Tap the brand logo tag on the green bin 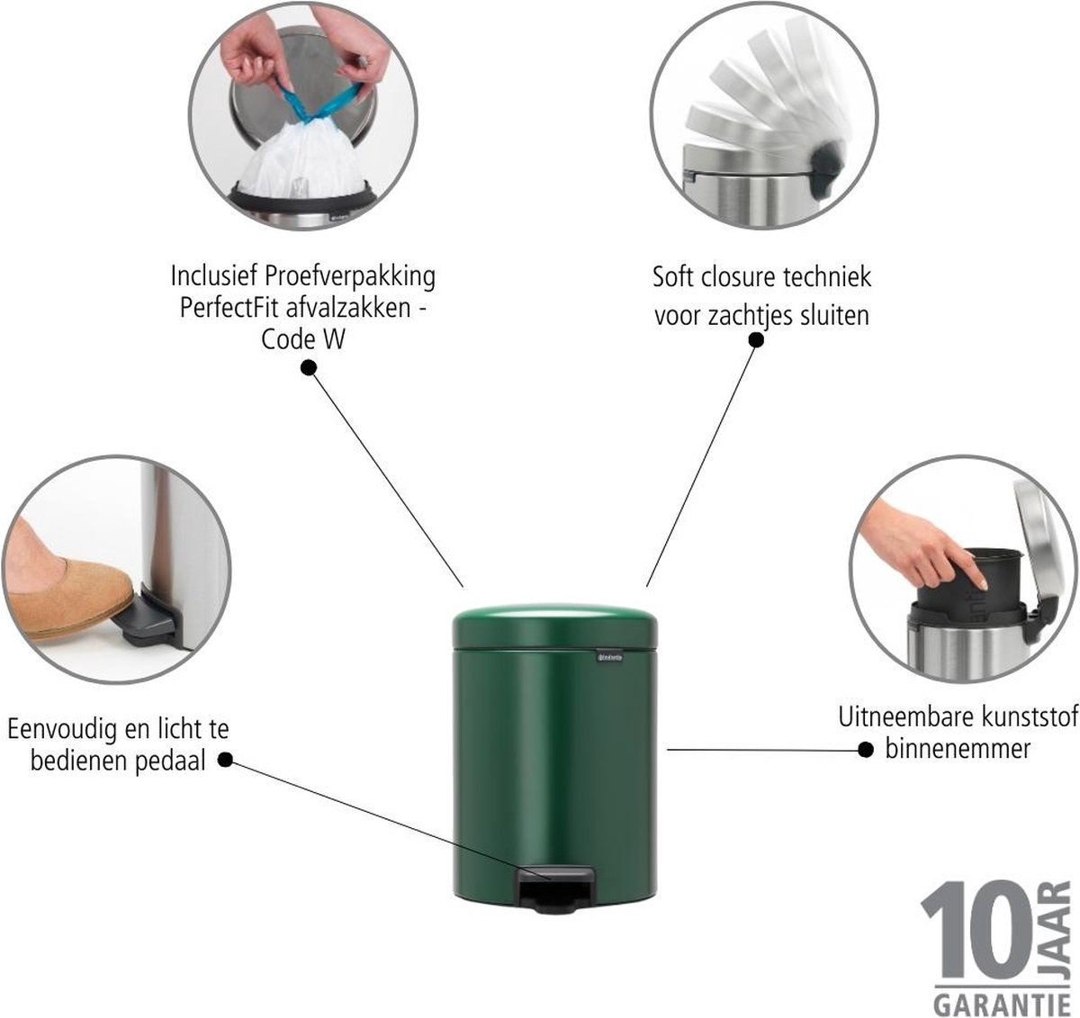tap(610, 657)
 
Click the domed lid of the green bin tap(554, 626)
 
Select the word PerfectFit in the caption tap(230, 309)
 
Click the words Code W tap(303, 340)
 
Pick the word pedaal tap(170, 760)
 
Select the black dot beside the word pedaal tap(225, 760)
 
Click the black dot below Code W tap(309, 368)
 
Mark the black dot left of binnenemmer tap(865, 750)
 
